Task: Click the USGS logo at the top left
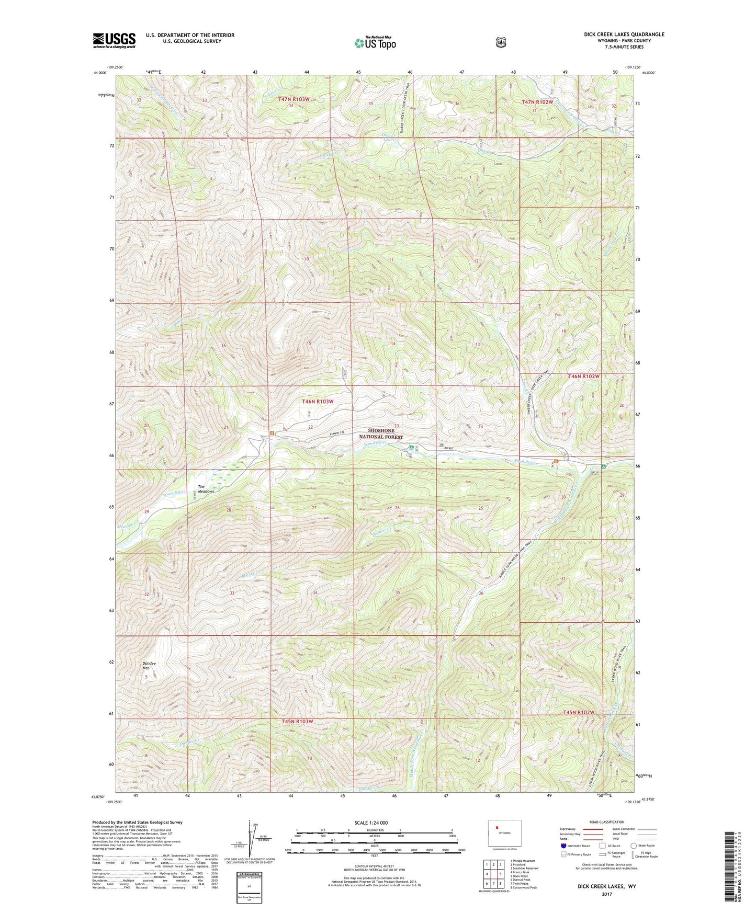[x=114, y=40]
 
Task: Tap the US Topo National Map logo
[x=375, y=43]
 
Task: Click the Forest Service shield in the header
[x=501, y=42]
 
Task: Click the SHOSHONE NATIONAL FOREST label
[x=380, y=433]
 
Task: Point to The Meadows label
[x=206, y=489]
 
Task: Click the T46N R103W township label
[x=318, y=402]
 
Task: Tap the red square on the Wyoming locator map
[x=497, y=827]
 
